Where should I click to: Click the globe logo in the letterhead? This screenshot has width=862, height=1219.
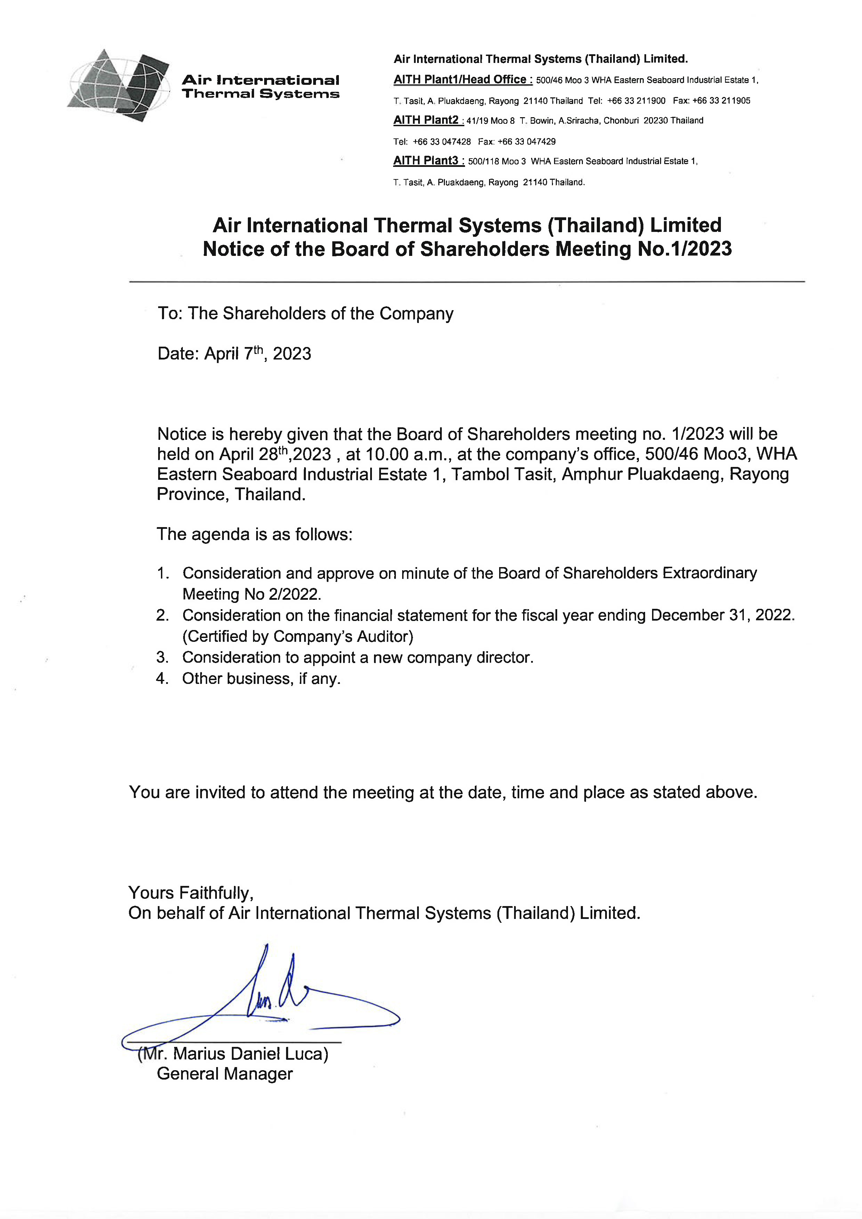[118, 85]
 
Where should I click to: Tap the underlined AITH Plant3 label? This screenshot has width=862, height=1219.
[428, 161]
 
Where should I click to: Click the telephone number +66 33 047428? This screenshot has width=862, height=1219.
[442, 141]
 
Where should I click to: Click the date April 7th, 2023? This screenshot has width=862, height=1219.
[258, 354]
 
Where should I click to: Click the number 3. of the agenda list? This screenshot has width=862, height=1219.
[162, 658]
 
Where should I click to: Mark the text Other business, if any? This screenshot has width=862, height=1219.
[261, 679]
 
